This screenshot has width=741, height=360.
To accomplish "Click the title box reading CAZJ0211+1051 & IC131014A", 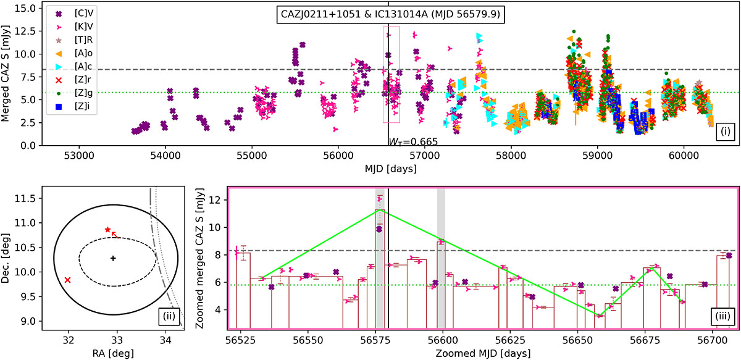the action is coord(390,15).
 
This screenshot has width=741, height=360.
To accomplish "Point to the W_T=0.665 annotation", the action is coord(413,141).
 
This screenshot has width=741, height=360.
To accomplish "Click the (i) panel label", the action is coord(726,132).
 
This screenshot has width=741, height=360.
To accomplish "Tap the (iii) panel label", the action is coord(722,316).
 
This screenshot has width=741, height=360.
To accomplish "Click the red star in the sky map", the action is coord(107,230).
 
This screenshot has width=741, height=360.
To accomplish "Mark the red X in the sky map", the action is coord(67,280).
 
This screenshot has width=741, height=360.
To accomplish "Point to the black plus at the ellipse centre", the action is coord(113,258).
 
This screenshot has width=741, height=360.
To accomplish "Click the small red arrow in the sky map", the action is coord(114,235).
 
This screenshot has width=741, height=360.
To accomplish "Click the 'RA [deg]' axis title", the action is coord(113,353).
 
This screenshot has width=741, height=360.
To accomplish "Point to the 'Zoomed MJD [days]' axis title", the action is coord(483,353).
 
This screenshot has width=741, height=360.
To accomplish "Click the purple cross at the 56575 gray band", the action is coord(379,229).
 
